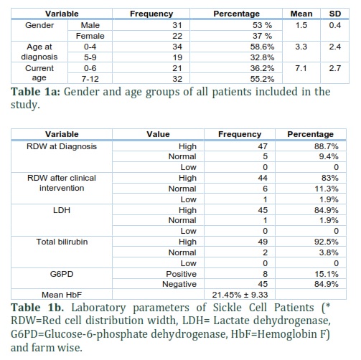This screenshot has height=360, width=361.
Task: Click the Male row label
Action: point(90,25)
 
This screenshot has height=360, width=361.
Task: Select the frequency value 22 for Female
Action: point(177,36)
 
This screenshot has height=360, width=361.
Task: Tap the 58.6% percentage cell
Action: point(262,47)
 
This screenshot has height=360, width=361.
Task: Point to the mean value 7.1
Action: point(301,68)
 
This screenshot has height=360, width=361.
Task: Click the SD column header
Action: point(335,14)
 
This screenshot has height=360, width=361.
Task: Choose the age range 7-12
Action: point(90,79)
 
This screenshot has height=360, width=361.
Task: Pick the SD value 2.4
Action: point(335,47)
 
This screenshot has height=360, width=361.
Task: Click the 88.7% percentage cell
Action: point(327,146)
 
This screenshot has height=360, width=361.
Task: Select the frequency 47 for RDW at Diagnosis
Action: point(263,146)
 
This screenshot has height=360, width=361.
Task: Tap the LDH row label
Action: point(62,210)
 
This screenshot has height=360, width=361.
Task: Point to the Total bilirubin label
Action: point(62,242)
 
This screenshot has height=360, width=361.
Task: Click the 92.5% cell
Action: point(327,242)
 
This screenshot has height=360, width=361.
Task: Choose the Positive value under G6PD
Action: point(182,274)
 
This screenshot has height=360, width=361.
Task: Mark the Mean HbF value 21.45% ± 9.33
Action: point(240,295)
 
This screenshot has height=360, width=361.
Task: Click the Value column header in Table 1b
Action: point(158,134)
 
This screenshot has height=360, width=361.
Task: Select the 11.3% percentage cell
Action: point(327,189)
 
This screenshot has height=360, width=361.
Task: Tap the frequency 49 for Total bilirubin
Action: point(263,242)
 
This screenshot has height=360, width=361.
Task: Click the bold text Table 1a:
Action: point(35,92)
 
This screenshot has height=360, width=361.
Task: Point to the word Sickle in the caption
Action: point(227,308)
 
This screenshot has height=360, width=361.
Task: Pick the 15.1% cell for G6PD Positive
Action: point(327,274)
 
